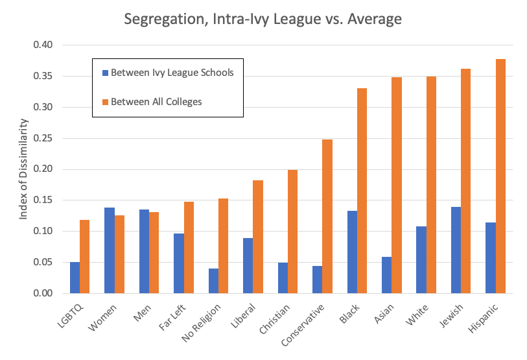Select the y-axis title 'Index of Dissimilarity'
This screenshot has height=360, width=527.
click(x=24, y=169)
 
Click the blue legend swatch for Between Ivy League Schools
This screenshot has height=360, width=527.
click(x=104, y=73)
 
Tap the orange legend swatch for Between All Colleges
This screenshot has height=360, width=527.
click(x=104, y=102)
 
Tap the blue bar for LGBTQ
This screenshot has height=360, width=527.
click(x=75, y=278)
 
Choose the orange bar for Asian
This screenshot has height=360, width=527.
click(x=396, y=185)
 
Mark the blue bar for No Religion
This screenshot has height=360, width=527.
click(x=213, y=280)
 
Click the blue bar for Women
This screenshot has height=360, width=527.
click(x=110, y=250)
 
